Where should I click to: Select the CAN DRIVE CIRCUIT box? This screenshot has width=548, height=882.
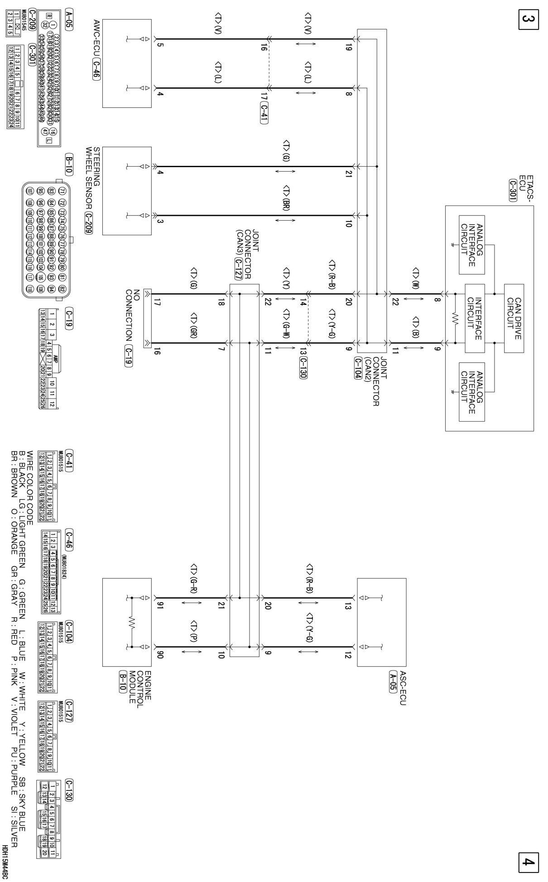tap(514, 318)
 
